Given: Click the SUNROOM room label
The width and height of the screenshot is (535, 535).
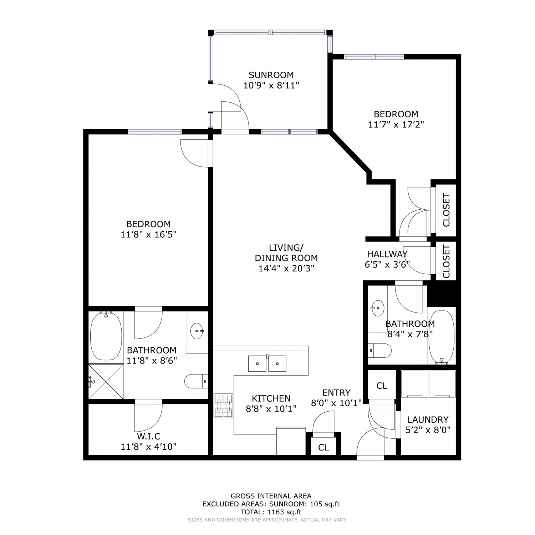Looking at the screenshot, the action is (x=271, y=75).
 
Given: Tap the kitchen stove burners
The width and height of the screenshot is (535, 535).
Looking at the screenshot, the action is (x=223, y=406).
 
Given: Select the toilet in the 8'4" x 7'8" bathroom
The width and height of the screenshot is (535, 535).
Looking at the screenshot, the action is (x=380, y=350).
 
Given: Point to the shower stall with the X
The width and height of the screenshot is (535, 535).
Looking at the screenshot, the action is (x=106, y=381).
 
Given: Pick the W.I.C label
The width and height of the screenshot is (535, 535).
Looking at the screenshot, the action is (x=148, y=436).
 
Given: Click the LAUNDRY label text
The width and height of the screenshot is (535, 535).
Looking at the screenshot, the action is (x=428, y=419).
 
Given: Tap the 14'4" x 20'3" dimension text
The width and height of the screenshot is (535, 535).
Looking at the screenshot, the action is (x=286, y=268).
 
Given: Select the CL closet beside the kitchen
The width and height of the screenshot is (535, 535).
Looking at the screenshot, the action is (x=323, y=447).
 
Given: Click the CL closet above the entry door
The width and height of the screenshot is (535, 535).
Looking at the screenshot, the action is (x=382, y=386).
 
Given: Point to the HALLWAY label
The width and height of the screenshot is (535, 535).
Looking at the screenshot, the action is (x=387, y=254).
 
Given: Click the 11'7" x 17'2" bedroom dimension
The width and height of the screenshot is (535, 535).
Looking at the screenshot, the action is (x=396, y=124).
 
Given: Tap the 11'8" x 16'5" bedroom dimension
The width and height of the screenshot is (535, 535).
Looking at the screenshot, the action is (x=149, y=234).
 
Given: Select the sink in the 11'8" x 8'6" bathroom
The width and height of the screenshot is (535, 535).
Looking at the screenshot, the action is (x=197, y=331).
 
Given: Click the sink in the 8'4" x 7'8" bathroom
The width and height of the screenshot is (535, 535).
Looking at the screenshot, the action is (x=377, y=308).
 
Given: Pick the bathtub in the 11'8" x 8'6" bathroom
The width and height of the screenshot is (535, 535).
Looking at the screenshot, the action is (x=106, y=336).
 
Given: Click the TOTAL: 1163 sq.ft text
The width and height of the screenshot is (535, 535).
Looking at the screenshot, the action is (x=271, y=512).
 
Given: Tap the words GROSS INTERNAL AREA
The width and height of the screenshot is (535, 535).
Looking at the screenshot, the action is (x=271, y=496).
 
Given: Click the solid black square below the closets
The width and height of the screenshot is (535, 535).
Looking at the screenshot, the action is (x=442, y=294).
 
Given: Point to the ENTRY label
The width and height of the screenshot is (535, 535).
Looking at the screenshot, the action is (x=336, y=393).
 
